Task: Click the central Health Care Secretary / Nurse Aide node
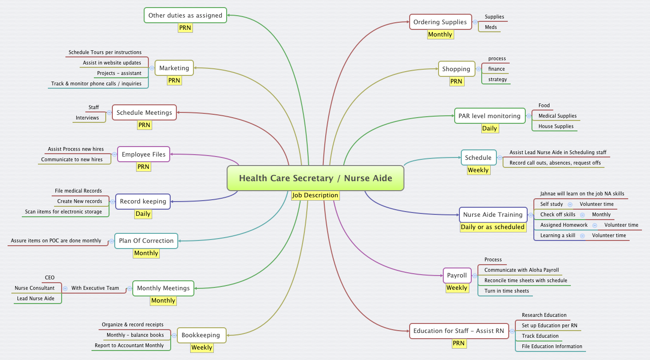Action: tap(315, 178)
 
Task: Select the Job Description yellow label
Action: tap(315, 195)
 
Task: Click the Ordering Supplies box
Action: tap(440, 22)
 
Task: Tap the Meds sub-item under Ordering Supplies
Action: tap(491, 28)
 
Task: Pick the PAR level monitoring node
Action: tap(489, 116)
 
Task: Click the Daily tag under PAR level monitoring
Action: tap(489, 129)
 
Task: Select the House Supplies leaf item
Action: tap(556, 127)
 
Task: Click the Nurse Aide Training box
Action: tap(493, 215)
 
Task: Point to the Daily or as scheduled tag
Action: tap(493, 227)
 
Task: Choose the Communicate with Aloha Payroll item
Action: tap(522, 270)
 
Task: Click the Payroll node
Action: tap(457, 276)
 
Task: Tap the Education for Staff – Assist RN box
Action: tap(458, 331)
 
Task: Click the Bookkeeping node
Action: tap(201, 335)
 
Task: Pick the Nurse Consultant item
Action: tap(35, 288)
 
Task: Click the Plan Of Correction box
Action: tap(146, 241)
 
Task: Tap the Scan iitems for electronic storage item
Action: tap(64, 212)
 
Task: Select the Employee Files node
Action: tap(144, 155)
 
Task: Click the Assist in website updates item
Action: tap(112, 63)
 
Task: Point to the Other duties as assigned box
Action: tap(185, 16)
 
